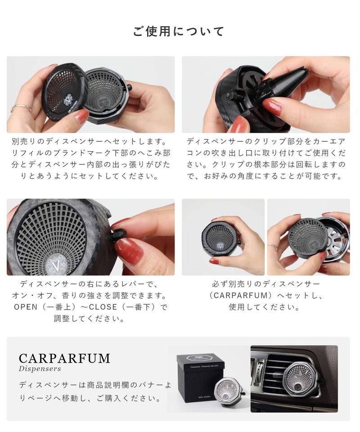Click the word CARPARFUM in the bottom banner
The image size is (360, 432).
tap(64, 359)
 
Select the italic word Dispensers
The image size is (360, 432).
tap(40, 369)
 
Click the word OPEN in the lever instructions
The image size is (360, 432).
tap(26, 307)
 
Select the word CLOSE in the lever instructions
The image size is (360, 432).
tap(103, 307)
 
